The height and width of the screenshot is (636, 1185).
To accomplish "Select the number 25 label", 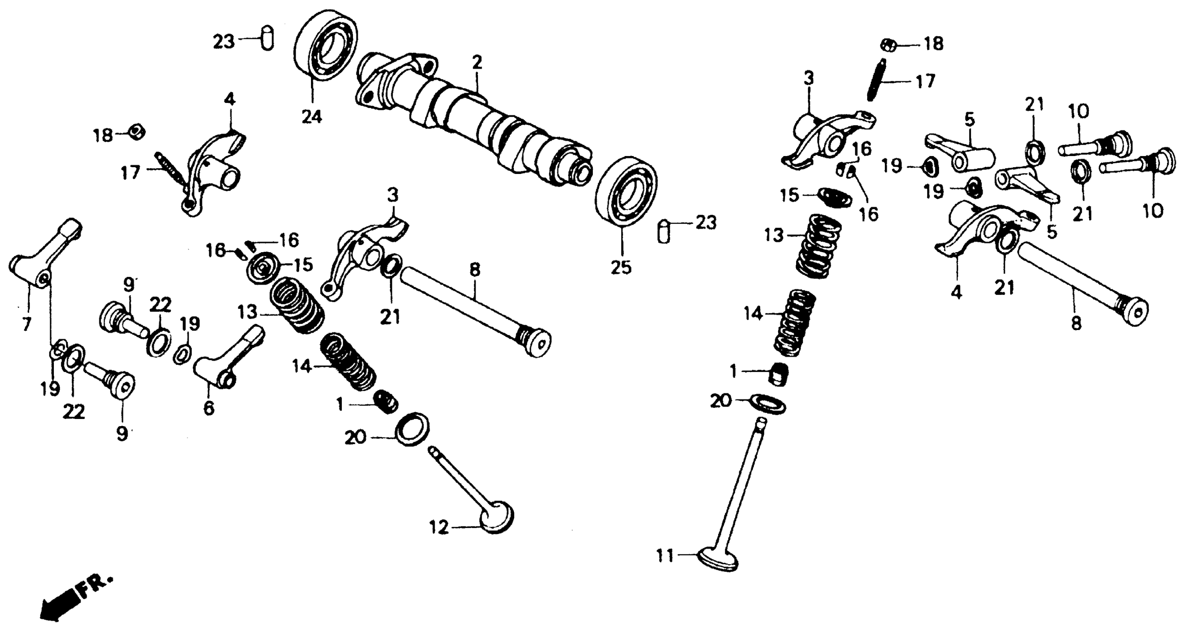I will [621, 267].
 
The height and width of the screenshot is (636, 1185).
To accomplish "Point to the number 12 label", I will [439, 528].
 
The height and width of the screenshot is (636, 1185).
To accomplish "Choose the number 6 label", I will [209, 407].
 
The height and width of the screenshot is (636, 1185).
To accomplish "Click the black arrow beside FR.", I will [58, 605].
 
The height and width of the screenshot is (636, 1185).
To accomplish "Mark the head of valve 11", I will [718, 559].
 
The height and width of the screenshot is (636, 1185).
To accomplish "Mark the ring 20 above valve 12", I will [412, 429].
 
